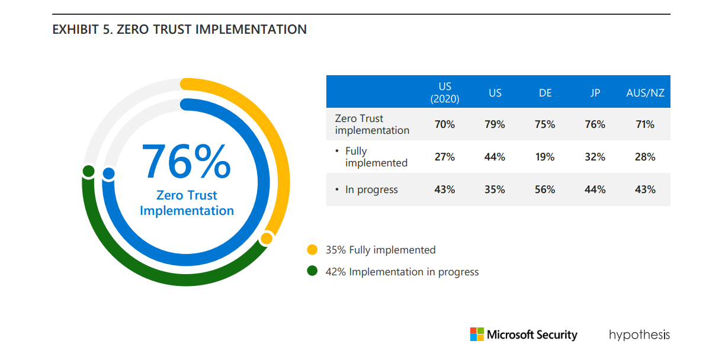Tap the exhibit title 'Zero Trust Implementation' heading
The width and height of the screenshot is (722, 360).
pyautogui.click(x=179, y=29)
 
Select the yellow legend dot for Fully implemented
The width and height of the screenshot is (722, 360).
pyautogui.click(x=312, y=250)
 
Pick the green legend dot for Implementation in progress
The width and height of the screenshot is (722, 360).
pyautogui.click(x=312, y=272)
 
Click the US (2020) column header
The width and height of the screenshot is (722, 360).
pyautogui.click(x=445, y=92)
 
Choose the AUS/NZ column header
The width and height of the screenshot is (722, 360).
pyautogui.click(x=645, y=93)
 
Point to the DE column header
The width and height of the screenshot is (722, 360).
pyautogui.click(x=545, y=93)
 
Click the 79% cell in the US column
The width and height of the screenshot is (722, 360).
pyautogui.click(x=495, y=124)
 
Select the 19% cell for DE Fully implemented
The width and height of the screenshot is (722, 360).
pyautogui.click(x=545, y=157)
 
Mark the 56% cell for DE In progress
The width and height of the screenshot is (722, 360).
pyautogui.click(x=545, y=189)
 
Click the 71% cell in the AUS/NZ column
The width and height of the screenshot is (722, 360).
pyautogui.click(x=645, y=124)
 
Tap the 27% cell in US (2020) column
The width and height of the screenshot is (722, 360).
pyautogui.click(x=445, y=157)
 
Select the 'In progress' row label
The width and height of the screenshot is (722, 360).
pyautogui.click(x=371, y=189)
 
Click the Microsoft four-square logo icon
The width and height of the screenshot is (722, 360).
pyautogui.click(x=477, y=335)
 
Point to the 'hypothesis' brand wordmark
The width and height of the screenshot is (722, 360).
pyautogui.click(x=639, y=335)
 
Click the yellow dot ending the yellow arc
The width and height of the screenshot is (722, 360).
pyautogui.click(x=267, y=239)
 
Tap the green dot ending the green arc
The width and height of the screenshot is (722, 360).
pyautogui.click(x=89, y=172)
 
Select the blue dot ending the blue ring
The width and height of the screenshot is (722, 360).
pyautogui.click(x=108, y=173)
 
